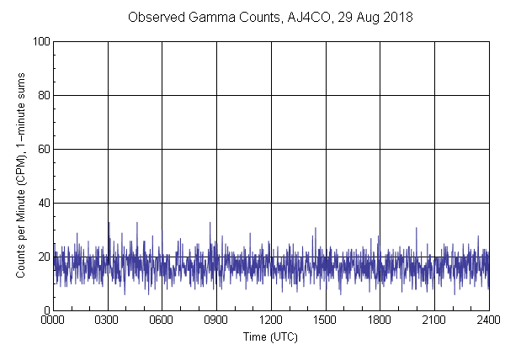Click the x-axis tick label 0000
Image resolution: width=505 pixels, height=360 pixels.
pyautogui.click(x=53, y=320)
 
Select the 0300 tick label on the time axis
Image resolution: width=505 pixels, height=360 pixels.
pyautogui.click(x=108, y=320)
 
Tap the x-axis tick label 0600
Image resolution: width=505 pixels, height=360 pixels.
pyautogui.click(x=162, y=320)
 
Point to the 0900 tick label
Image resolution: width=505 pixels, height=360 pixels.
pyautogui.click(x=216, y=320)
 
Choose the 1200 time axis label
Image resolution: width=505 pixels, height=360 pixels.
pyautogui.click(x=271, y=320)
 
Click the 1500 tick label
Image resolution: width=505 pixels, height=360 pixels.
pyautogui.click(x=325, y=320)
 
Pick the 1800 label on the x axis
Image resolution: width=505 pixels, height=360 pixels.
pyautogui.click(x=380, y=320)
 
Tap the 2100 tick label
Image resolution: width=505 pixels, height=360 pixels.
pyautogui.click(x=434, y=320)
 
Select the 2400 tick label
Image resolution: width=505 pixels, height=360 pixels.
pyautogui.click(x=488, y=320)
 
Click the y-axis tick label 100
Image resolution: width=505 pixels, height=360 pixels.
pyautogui.click(x=41, y=41)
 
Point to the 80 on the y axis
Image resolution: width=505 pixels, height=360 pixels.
pyautogui.click(x=44, y=95)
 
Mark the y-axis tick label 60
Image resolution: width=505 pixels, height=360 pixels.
pyautogui.click(x=44, y=149)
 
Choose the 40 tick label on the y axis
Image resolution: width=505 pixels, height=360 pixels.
pyautogui.click(x=44, y=203)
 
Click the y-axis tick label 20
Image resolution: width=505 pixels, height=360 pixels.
pyautogui.click(x=44, y=257)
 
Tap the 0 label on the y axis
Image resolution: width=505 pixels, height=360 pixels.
pyautogui.click(x=46, y=310)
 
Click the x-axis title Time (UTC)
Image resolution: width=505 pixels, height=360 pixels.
pyautogui.click(x=270, y=336)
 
